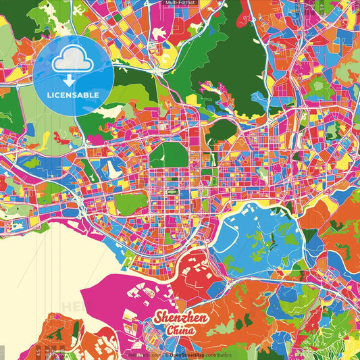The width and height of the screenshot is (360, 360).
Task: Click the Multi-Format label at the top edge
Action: tap(180, 3)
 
